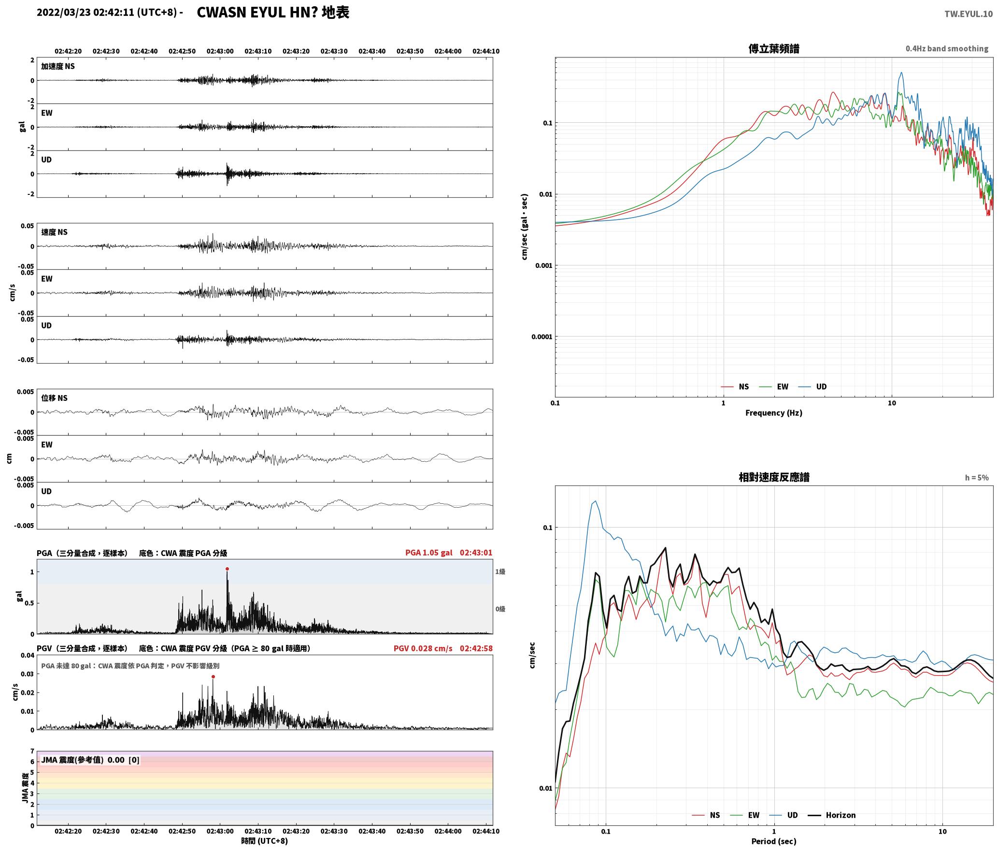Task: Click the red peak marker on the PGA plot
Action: point(227,569)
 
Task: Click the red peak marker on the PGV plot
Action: point(213,677)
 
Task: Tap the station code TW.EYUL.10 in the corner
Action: point(969,14)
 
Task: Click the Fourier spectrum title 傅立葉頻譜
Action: point(773,49)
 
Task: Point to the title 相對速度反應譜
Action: point(774,477)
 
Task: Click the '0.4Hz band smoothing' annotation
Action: point(947,49)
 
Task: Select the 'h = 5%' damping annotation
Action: point(977,478)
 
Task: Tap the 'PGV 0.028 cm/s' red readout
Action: point(423,648)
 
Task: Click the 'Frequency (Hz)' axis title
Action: point(773,413)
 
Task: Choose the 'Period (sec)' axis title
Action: point(773,841)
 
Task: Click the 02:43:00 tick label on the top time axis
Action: point(220,51)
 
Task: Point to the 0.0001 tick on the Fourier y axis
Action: point(542,337)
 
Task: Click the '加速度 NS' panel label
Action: point(58,67)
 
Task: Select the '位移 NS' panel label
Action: point(54,398)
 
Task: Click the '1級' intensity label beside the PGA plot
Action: point(500,572)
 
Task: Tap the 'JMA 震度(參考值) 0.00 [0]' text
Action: point(90,760)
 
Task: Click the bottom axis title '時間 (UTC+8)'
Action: point(265,841)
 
